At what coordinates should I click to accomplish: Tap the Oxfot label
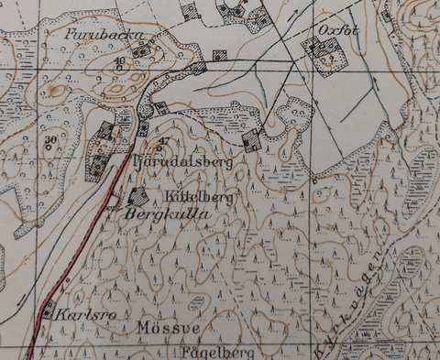click(x=330, y=30)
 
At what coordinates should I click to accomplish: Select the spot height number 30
click(x=50, y=138)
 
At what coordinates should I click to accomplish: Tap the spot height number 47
click(x=164, y=140)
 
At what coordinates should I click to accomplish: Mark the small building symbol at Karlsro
click(x=49, y=308)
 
